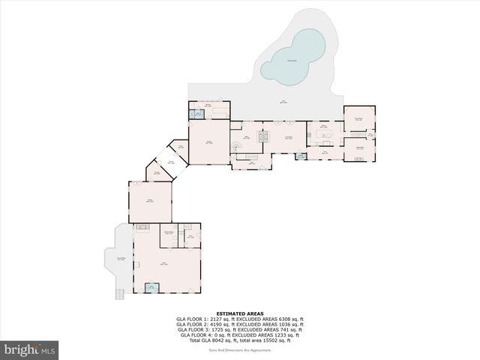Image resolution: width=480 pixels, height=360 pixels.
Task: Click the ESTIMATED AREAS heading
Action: (x=239, y=313)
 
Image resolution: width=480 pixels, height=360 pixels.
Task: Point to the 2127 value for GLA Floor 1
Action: (x=217, y=319)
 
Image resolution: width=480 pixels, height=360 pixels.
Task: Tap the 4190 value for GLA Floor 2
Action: (x=217, y=324)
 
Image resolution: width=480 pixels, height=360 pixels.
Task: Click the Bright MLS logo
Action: (x=30, y=349)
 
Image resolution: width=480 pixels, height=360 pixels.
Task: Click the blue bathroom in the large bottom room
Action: (x=151, y=287)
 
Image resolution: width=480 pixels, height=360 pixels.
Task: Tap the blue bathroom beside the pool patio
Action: (x=196, y=114)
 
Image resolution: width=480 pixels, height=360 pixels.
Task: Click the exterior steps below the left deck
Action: (x=119, y=292)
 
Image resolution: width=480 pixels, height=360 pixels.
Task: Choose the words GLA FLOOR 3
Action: (x=192, y=329)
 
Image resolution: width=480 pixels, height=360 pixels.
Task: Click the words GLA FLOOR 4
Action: (x=192, y=334)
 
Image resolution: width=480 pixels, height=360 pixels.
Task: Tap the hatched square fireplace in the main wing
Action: (x=262, y=137)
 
